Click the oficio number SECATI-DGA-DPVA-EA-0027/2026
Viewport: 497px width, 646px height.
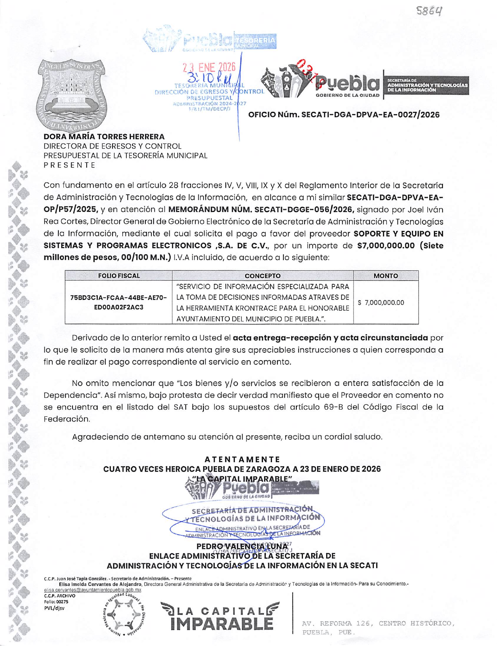(344, 115)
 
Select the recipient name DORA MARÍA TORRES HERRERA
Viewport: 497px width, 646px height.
(104, 137)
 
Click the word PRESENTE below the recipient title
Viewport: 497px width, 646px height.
(69, 165)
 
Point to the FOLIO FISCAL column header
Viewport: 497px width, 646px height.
(119, 276)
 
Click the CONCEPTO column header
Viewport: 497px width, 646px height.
(262, 276)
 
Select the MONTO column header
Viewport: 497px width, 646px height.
(385, 276)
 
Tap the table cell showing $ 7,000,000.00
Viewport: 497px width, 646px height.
(381, 303)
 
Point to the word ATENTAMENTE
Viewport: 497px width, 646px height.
(242, 459)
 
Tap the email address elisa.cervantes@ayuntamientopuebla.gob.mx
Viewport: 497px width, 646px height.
(93, 590)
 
